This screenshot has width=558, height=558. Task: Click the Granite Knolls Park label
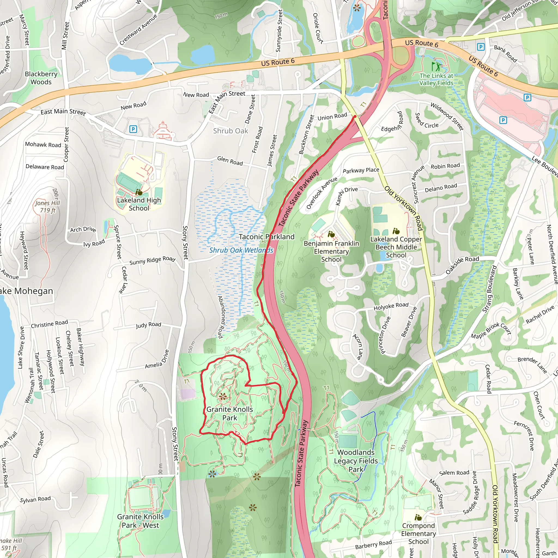230,413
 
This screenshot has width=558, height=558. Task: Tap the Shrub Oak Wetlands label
241,250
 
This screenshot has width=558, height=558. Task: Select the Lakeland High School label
139,204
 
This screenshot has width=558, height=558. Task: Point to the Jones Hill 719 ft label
48,207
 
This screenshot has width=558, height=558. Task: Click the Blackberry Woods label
41,78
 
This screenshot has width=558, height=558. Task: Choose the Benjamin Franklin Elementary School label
331,251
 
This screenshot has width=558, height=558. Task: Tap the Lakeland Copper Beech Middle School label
396,247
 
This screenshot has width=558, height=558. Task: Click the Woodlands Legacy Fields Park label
356,461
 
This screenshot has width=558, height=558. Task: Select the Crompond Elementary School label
418,533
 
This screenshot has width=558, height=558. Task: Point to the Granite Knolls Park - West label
140,521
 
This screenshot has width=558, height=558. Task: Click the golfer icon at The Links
436,66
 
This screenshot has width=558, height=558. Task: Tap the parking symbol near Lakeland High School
133,129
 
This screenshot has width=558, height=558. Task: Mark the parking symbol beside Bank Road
481,47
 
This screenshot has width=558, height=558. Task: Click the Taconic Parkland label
266,237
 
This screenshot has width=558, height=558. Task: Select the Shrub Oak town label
231,131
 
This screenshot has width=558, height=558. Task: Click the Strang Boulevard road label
490,289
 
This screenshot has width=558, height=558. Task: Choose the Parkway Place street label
361,170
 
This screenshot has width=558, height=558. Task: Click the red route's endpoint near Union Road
355,116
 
